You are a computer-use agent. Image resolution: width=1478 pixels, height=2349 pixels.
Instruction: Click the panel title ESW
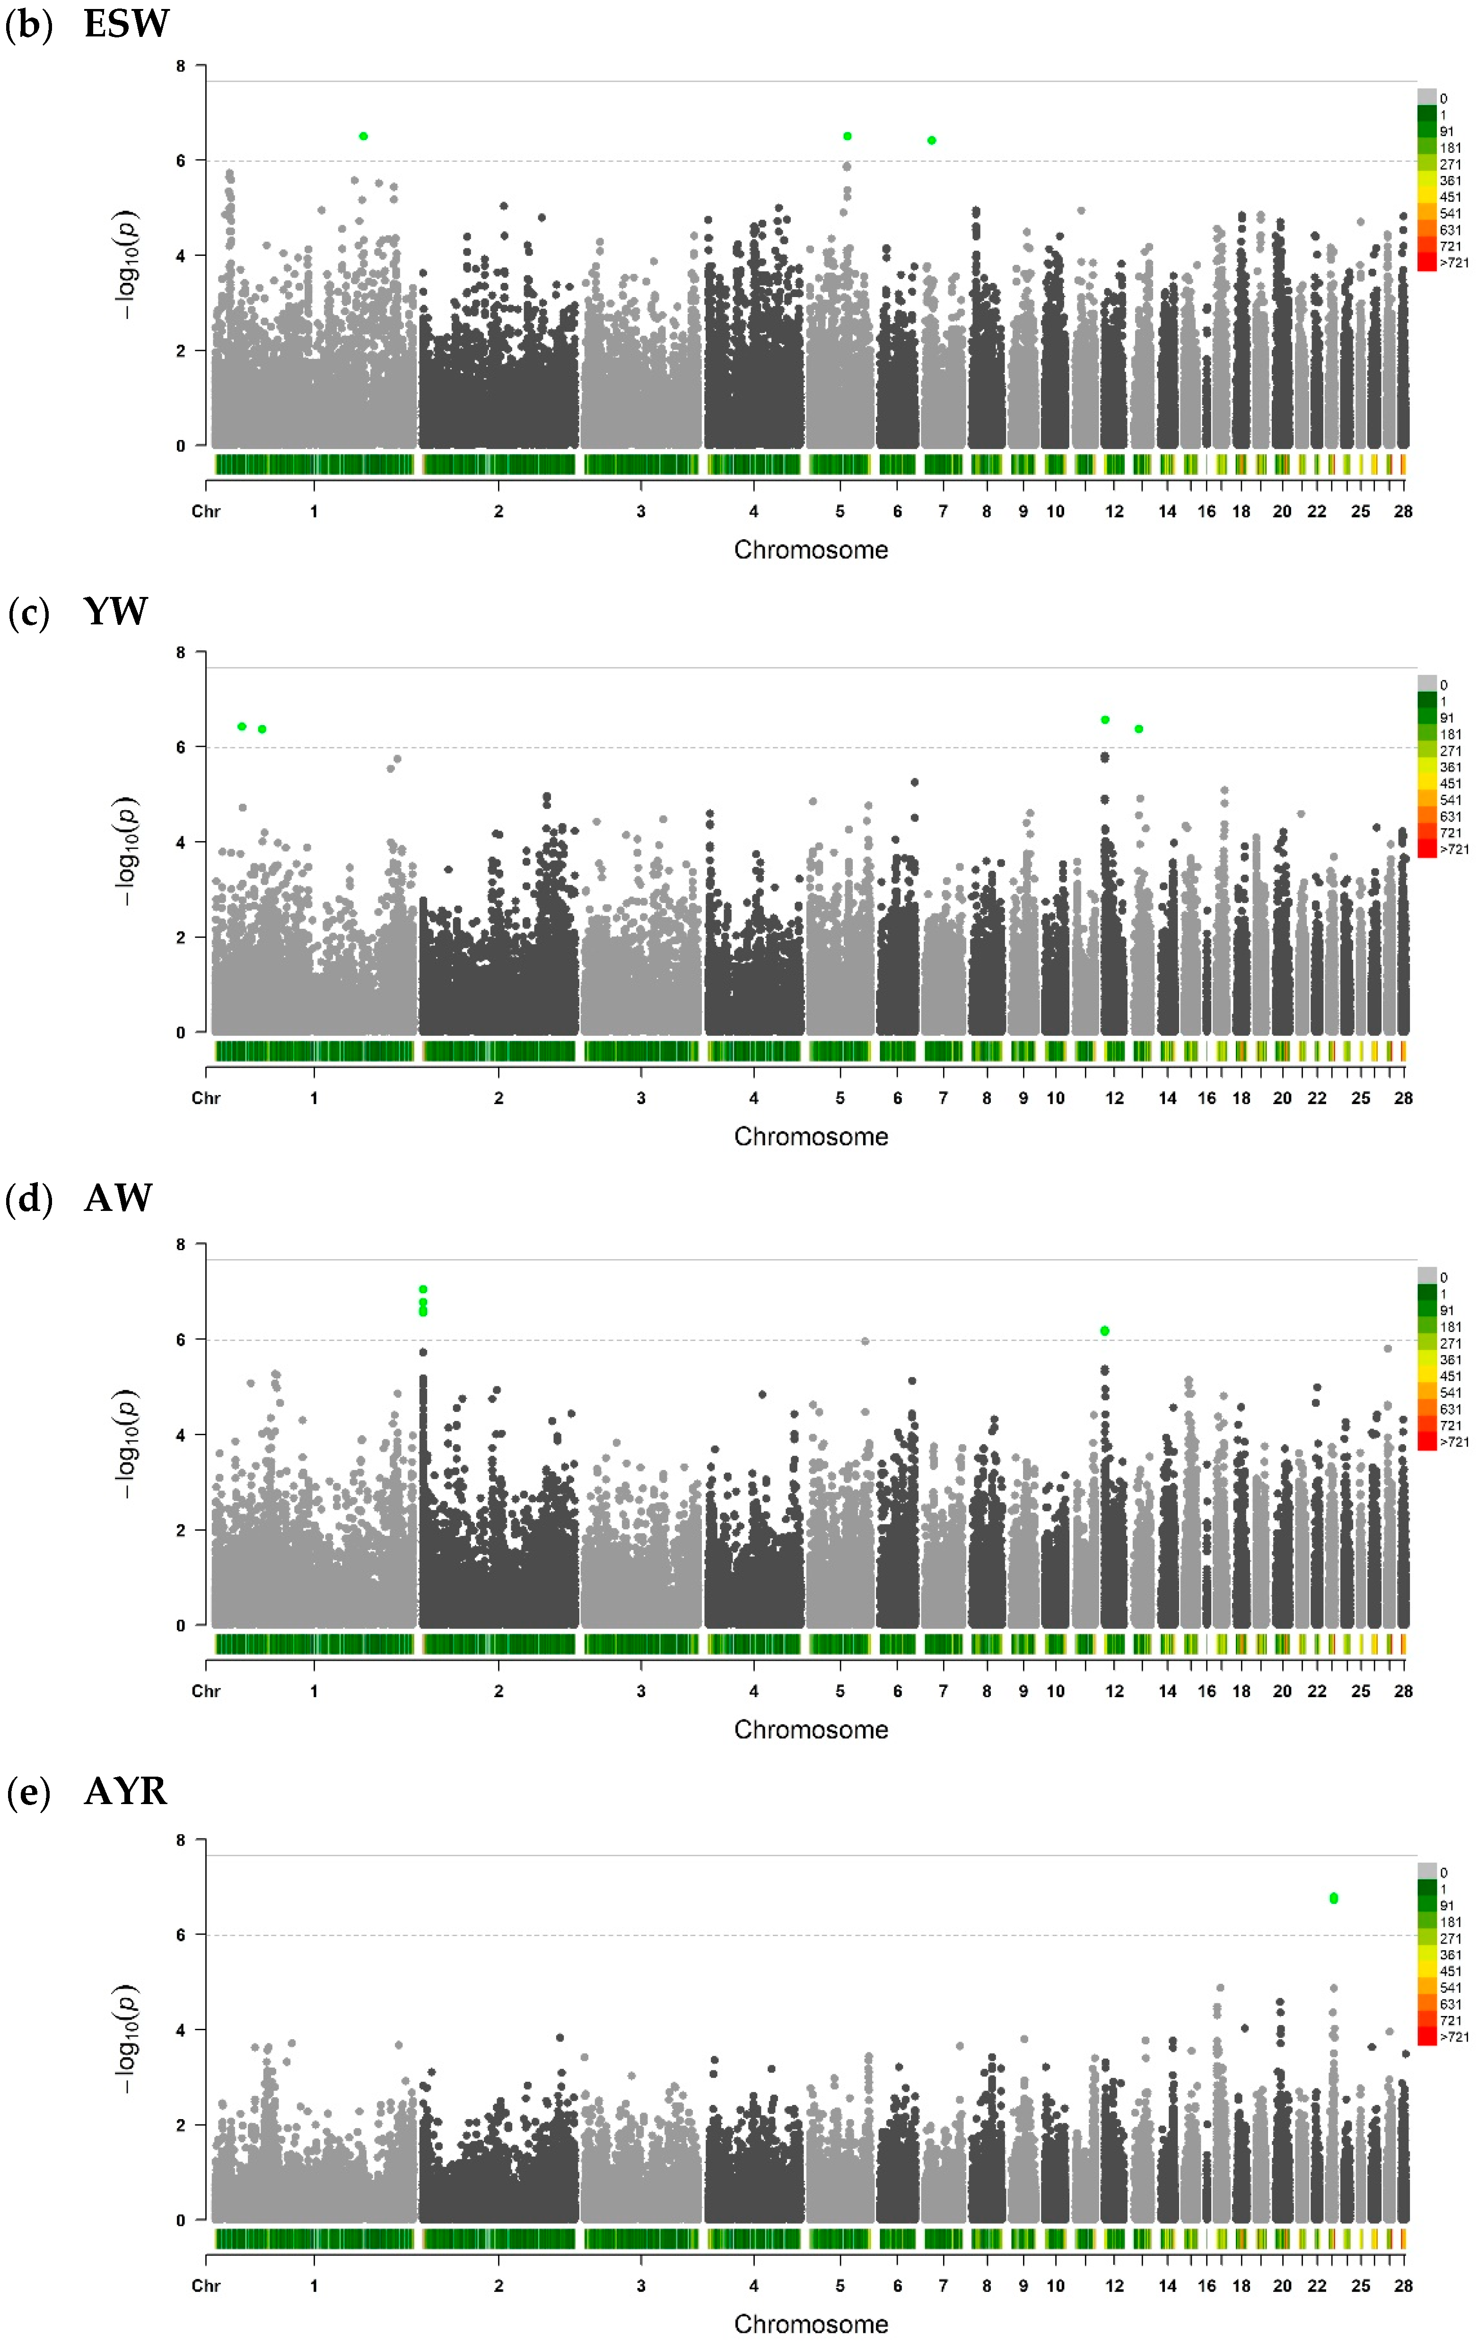point(127,23)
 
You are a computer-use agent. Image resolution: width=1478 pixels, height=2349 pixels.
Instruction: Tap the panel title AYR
point(126,1791)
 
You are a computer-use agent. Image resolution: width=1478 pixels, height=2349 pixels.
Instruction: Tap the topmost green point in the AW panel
point(423,1289)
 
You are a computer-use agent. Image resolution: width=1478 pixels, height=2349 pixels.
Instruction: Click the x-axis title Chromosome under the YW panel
point(811,1137)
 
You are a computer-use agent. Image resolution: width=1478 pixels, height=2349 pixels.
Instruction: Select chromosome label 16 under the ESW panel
point(1207,511)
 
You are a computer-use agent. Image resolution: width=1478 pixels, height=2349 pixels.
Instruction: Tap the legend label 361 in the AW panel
point(1451,1360)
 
